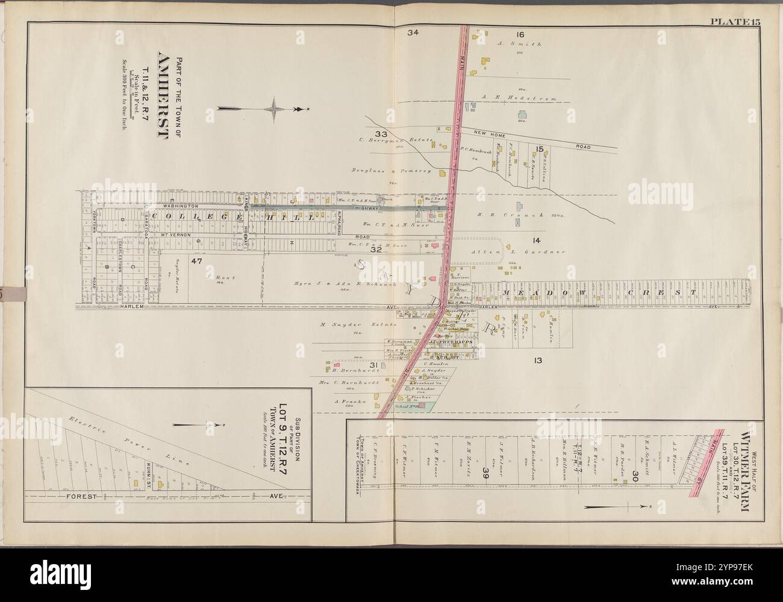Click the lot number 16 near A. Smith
coord(520,34)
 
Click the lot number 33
coord(381,133)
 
